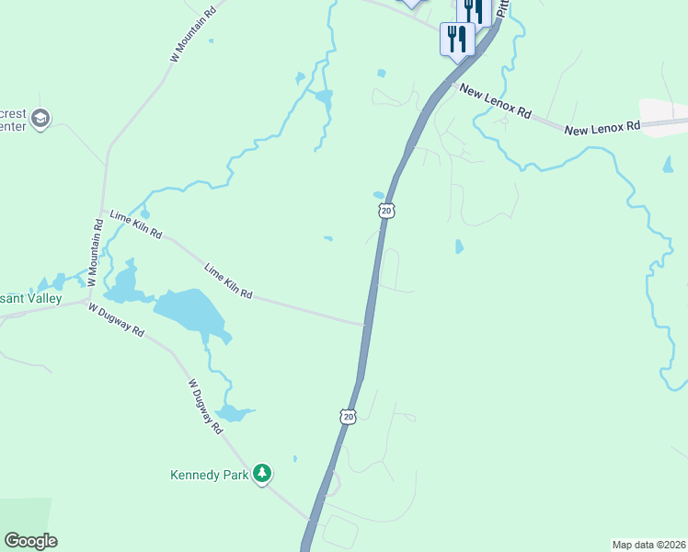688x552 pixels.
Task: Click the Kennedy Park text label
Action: point(211,476)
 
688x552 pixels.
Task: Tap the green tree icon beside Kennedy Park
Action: point(263,473)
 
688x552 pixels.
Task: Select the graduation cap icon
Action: point(40,118)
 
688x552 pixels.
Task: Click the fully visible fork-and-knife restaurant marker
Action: point(457,39)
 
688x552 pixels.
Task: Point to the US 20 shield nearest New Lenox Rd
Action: point(386,211)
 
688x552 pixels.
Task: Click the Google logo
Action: point(30,541)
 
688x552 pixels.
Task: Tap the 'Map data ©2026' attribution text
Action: point(648,545)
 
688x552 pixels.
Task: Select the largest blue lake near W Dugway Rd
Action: point(190,311)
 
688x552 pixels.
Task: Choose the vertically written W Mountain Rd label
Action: point(95,249)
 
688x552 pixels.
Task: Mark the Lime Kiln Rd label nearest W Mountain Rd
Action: point(135,224)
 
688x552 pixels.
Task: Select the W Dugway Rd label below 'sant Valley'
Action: point(116,319)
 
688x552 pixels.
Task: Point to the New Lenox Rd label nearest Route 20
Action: point(495,102)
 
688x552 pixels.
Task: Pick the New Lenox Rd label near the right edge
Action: point(602,128)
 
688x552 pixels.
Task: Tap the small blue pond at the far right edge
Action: point(667,166)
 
